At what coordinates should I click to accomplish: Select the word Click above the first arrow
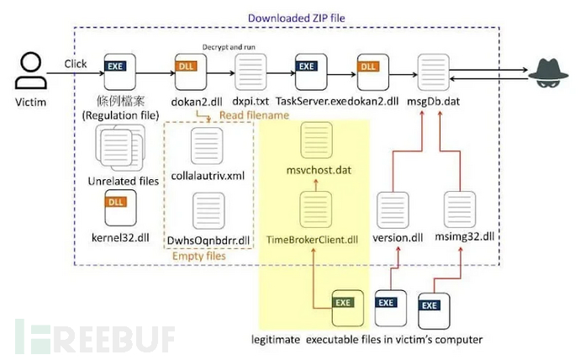pos(76,63)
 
